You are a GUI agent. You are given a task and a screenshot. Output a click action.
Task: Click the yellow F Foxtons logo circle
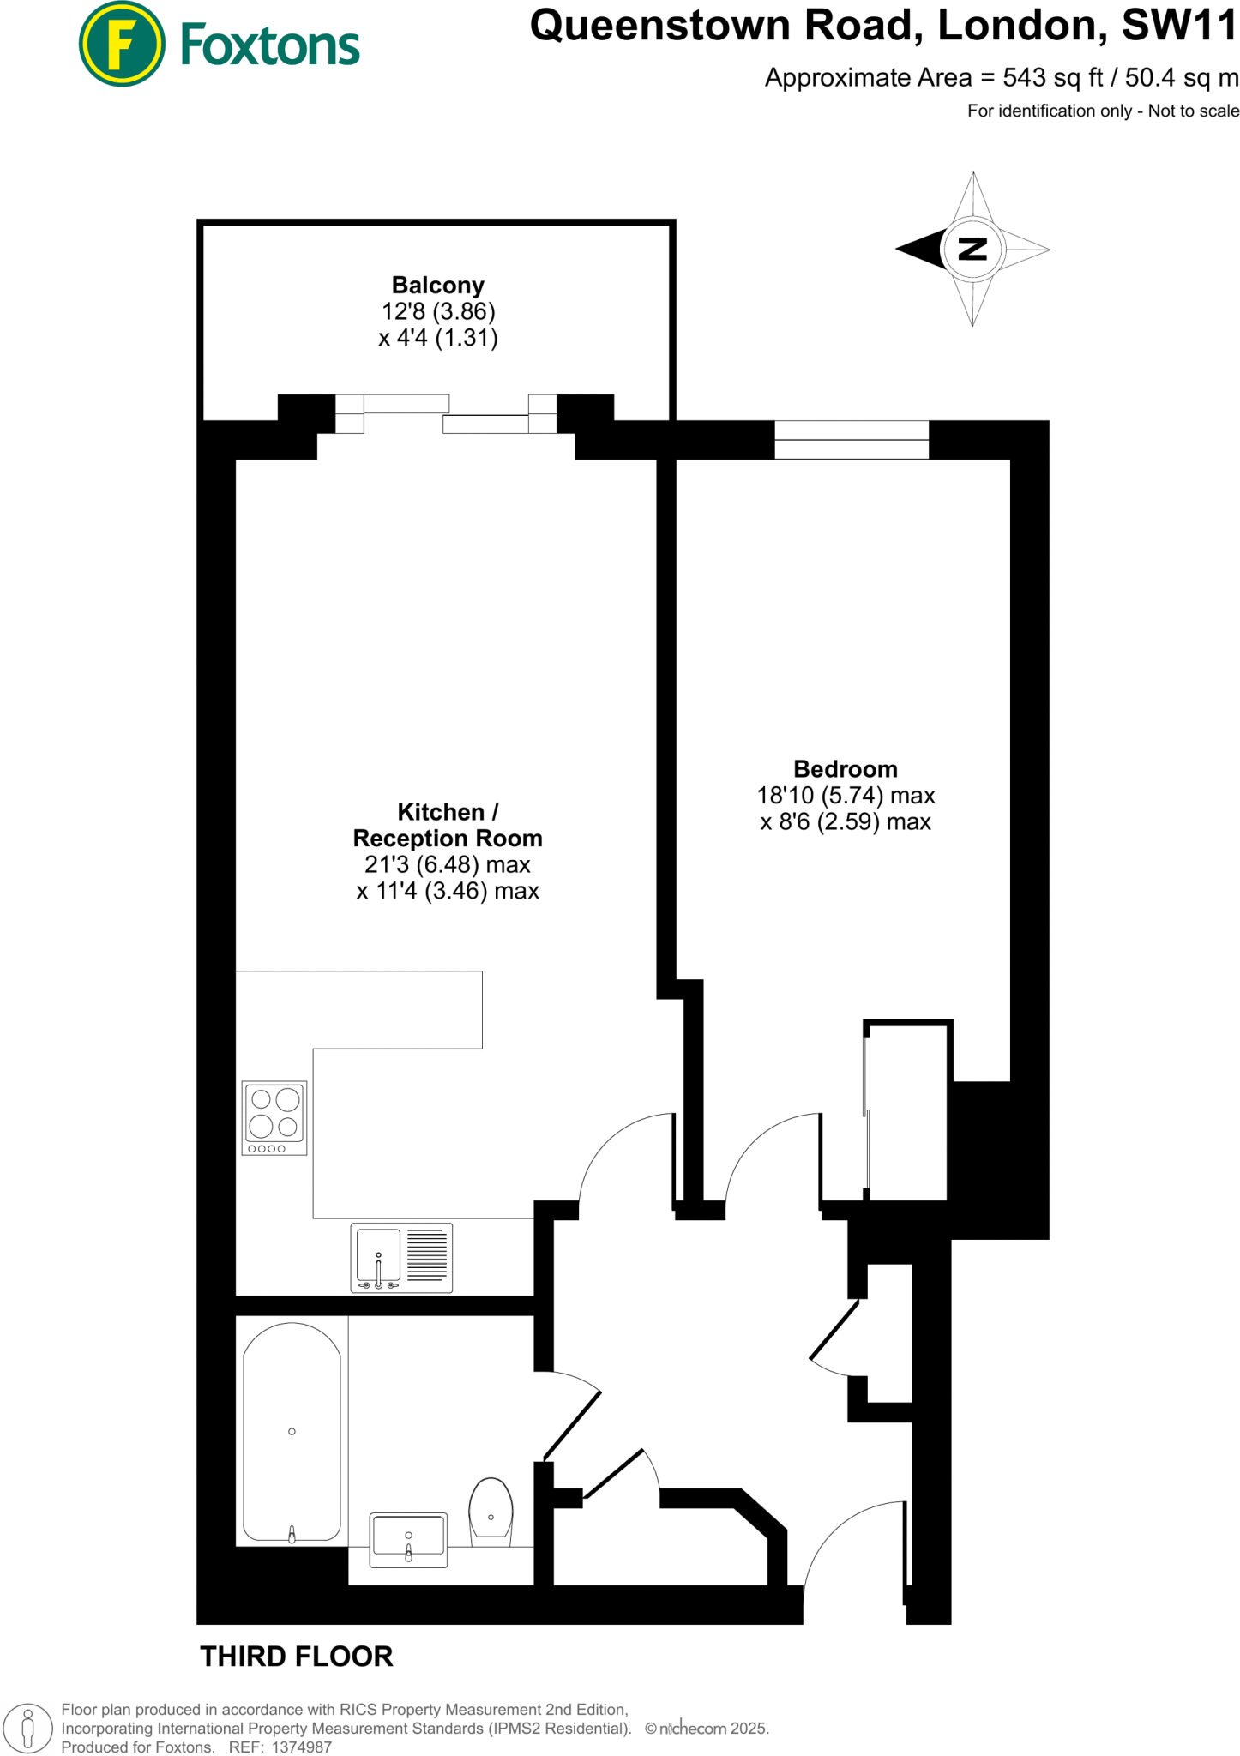pyautogui.click(x=121, y=44)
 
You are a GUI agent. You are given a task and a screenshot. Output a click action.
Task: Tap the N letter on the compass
pyautogui.click(x=972, y=250)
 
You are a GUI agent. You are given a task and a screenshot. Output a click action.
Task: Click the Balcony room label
pyautogui.click(x=437, y=285)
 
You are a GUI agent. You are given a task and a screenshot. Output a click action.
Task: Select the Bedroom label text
pyautogui.click(x=845, y=769)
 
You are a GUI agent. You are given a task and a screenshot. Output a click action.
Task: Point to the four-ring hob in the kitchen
pyautogui.click(x=274, y=1118)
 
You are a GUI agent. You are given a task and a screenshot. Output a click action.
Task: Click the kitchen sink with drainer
pyautogui.click(x=401, y=1258)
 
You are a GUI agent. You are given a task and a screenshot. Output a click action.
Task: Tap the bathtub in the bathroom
pyautogui.click(x=292, y=1432)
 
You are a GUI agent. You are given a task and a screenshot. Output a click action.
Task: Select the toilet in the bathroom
pyautogui.click(x=491, y=1511)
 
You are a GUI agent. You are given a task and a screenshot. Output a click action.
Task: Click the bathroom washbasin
pyautogui.click(x=408, y=1540)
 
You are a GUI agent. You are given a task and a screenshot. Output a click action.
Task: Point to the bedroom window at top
pyautogui.click(x=852, y=440)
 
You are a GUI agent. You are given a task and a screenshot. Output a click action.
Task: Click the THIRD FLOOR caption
pyautogui.click(x=296, y=1657)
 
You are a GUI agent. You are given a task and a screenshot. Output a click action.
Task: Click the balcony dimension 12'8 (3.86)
pyautogui.click(x=438, y=311)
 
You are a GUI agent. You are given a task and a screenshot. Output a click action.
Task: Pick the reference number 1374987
pyautogui.click(x=301, y=1747)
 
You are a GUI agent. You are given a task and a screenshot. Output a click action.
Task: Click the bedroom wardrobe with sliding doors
pyautogui.click(x=907, y=1111)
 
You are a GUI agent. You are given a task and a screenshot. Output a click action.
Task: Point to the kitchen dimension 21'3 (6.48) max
pyautogui.click(x=447, y=864)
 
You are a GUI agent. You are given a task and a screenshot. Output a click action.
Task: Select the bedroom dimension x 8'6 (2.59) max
pyautogui.click(x=845, y=822)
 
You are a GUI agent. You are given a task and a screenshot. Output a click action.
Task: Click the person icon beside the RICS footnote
pyautogui.click(x=27, y=1728)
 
